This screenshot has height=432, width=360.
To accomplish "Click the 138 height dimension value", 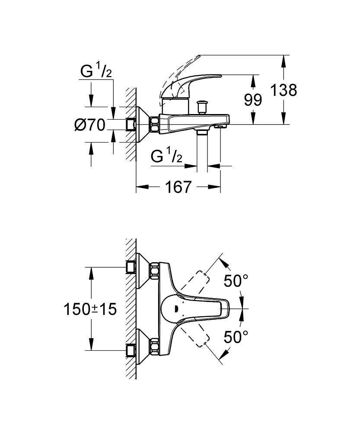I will click(x=284, y=90).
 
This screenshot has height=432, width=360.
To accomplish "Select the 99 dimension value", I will click(x=253, y=100).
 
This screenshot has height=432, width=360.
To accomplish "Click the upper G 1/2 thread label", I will click(x=96, y=71).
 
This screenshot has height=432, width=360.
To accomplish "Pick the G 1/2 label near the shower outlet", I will click(x=166, y=156).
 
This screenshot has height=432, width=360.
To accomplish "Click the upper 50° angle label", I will click(x=236, y=282).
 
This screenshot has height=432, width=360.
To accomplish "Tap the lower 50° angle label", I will click(x=236, y=336).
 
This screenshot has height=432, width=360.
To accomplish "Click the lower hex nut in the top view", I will click(x=153, y=346).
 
